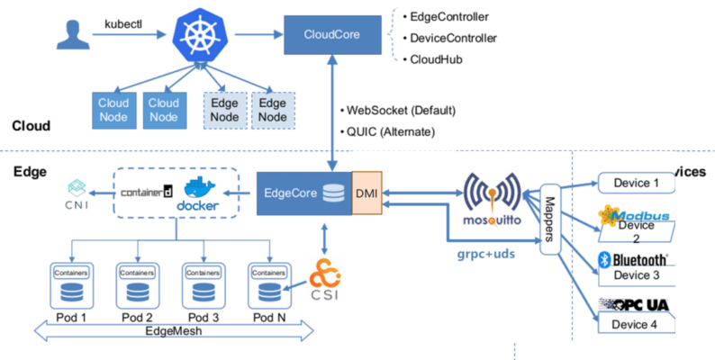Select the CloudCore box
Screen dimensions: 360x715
[332, 37]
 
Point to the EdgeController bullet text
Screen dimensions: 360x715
[450, 17]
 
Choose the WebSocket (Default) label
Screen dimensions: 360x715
[400, 111]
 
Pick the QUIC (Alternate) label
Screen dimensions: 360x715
[392, 131]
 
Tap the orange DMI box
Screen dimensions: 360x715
[367, 193]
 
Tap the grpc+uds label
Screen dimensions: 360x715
[485, 255]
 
